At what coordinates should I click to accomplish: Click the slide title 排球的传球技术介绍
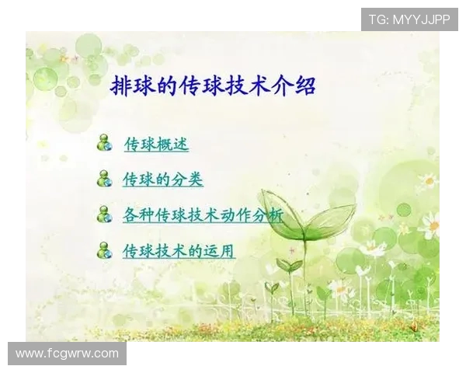[x=213, y=85]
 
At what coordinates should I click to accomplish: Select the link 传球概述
[x=156, y=144]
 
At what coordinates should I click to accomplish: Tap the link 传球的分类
[x=163, y=180]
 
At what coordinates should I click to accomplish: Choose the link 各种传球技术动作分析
[x=203, y=215]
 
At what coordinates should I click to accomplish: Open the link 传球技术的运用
[x=179, y=251]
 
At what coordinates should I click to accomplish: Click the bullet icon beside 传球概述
[x=104, y=143]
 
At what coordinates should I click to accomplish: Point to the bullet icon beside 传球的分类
[x=104, y=179]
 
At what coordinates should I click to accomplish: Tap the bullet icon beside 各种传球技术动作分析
[x=104, y=214]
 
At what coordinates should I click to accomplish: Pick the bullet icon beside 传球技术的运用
[x=104, y=250]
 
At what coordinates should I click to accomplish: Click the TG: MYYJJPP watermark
[x=409, y=19]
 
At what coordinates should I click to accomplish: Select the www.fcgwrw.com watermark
[x=67, y=354]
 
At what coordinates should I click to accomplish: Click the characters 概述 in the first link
[x=172, y=144]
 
